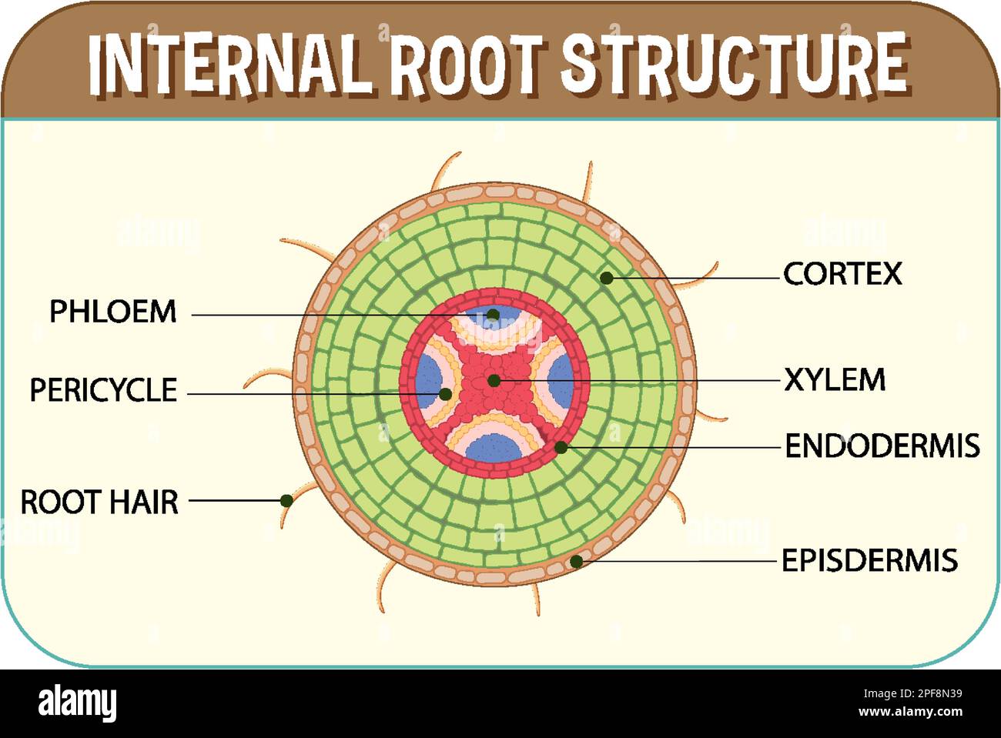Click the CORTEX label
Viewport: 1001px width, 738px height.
click(x=842, y=274)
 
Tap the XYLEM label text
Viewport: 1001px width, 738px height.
click(x=835, y=380)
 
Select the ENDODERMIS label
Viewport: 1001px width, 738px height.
click(x=882, y=446)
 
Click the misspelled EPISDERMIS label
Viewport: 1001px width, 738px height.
click(x=869, y=560)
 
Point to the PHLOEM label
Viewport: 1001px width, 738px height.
click(x=113, y=312)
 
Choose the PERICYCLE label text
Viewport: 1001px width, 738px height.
click(x=103, y=390)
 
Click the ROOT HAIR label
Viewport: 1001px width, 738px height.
click(x=99, y=502)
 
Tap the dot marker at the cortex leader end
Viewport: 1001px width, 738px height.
click(x=607, y=278)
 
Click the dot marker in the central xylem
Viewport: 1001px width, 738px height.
click(x=494, y=380)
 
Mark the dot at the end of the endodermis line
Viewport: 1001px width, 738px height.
click(x=561, y=447)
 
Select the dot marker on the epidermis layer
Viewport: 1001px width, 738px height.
click(x=576, y=562)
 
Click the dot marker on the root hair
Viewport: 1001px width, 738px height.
click(x=286, y=500)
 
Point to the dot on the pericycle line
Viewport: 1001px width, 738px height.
click(x=445, y=394)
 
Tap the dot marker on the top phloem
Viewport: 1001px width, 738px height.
click(x=493, y=314)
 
